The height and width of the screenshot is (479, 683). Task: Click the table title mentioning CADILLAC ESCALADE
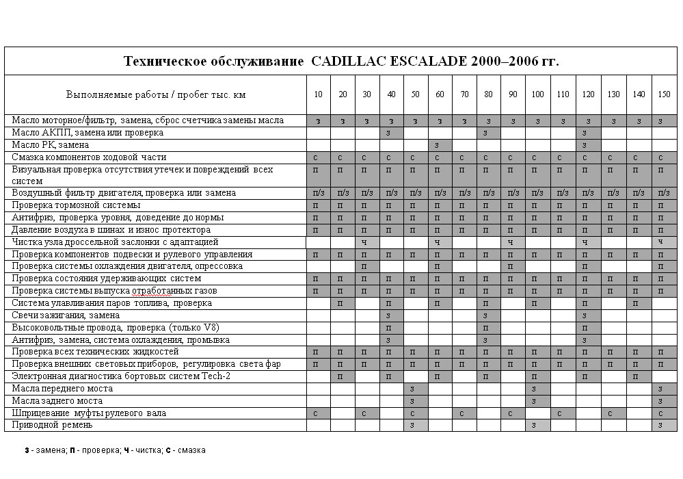click(x=341, y=61)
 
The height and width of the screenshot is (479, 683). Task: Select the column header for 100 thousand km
click(x=537, y=94)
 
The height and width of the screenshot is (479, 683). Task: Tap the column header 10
click(x=318, y=94)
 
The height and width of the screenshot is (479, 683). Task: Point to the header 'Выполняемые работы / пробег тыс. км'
click(x=155, y=94)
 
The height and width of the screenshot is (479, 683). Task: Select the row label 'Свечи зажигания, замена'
click(x=66, y=315)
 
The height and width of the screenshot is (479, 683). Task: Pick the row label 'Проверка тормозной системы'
click(x=77, y=205)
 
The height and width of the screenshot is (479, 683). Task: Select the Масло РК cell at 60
click(x=440, y=145)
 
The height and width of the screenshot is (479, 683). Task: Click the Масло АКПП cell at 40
click(x=391, y=132)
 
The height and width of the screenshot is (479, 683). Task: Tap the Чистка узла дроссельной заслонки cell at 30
click(x=366, y=242)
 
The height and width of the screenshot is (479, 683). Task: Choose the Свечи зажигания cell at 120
click(x=587, y=315)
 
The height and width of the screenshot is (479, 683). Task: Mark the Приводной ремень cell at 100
click(x=537, y=426)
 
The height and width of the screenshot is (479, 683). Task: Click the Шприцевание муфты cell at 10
click(x=318, y=413)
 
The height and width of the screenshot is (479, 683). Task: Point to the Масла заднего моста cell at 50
click(x=415, y=401)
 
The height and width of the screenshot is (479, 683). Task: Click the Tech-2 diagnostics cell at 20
click(x=343, y=376)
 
